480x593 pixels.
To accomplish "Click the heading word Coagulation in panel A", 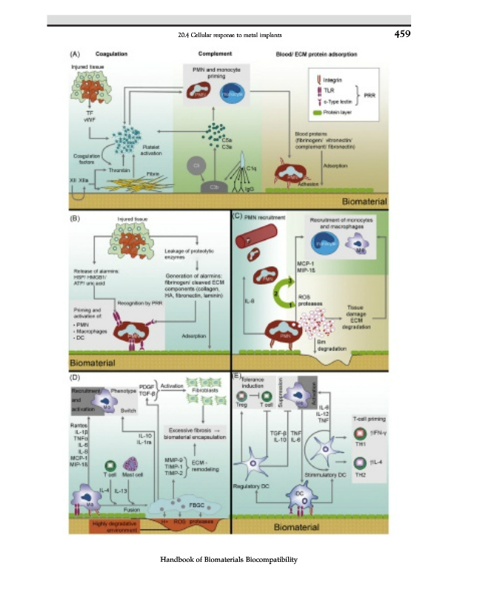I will [112, 55].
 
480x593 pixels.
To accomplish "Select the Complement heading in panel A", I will [216, 55].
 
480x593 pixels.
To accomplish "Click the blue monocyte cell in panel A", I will [235, 92].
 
